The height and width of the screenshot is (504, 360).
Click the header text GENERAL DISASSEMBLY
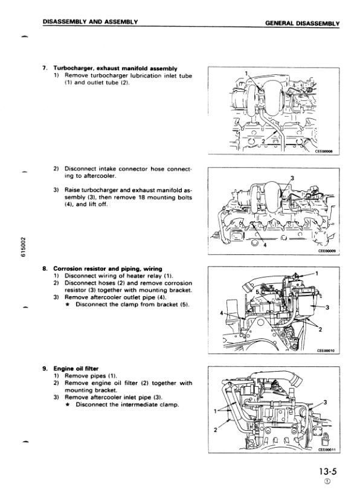coord(302,23)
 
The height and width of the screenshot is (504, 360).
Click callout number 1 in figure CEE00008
coord(246,74)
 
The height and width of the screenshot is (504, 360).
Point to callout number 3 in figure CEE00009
coord(292,178)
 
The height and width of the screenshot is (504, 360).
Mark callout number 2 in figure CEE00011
coord(216,430)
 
